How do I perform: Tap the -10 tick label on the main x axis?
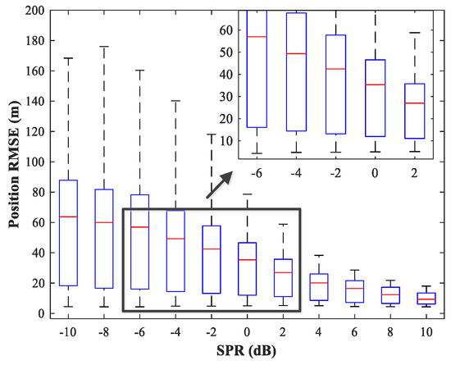click(69, 333)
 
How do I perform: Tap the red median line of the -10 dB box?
click(69, 217)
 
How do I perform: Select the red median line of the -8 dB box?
click(105, 222)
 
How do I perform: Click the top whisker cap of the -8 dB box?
click(105, 47)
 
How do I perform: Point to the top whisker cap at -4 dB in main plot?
click(175, 101)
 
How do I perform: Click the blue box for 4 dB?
click(318, 287)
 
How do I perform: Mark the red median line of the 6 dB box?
click(354, 289)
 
